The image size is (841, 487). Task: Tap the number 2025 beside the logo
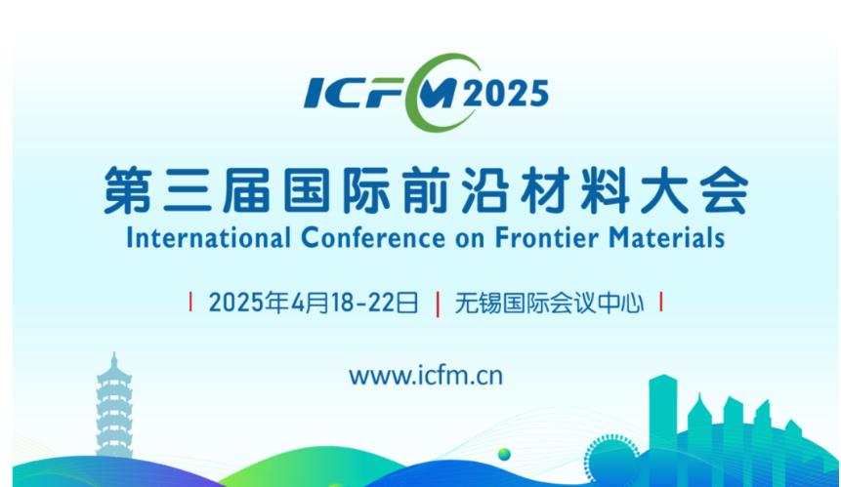pyautogui.click(x=506, y=94)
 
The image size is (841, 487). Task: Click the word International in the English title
pyautogui.click(x=209, y=238)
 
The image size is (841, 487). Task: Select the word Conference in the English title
pyautogui.click(x=373, y=238)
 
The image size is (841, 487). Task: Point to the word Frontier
pyautogui.click(x=546, y=238)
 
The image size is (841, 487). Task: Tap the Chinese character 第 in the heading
pyautogui.click(x=128, y=190)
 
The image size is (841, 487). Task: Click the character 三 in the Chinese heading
pyautogui.click(x=188, y=190)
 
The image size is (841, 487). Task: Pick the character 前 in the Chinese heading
pyautogui.click(x=425, y=190)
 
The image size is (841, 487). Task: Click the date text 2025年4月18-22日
pyautogui.click(x=314, y=304)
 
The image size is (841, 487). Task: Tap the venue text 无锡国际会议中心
pyautogui.click(x=549, y=304)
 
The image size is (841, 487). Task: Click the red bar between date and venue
pyautogui.click(x=438, y=304)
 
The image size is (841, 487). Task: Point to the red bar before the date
pyautogui.click(x=190, y=302)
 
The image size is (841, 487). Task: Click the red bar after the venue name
pyautogui.click(x=660, y=302)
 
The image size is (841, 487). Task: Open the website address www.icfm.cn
pyautogui.click(x=426, y=375)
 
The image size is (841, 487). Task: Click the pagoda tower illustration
pyautogui.click(x=113, y=406)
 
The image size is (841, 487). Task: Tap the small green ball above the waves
pyautogui.click(x=504, y=455)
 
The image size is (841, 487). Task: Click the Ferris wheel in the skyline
pyautogui.click(x=611, y=457)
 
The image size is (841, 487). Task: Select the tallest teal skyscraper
pyautogui.click(x=663, y=428)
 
